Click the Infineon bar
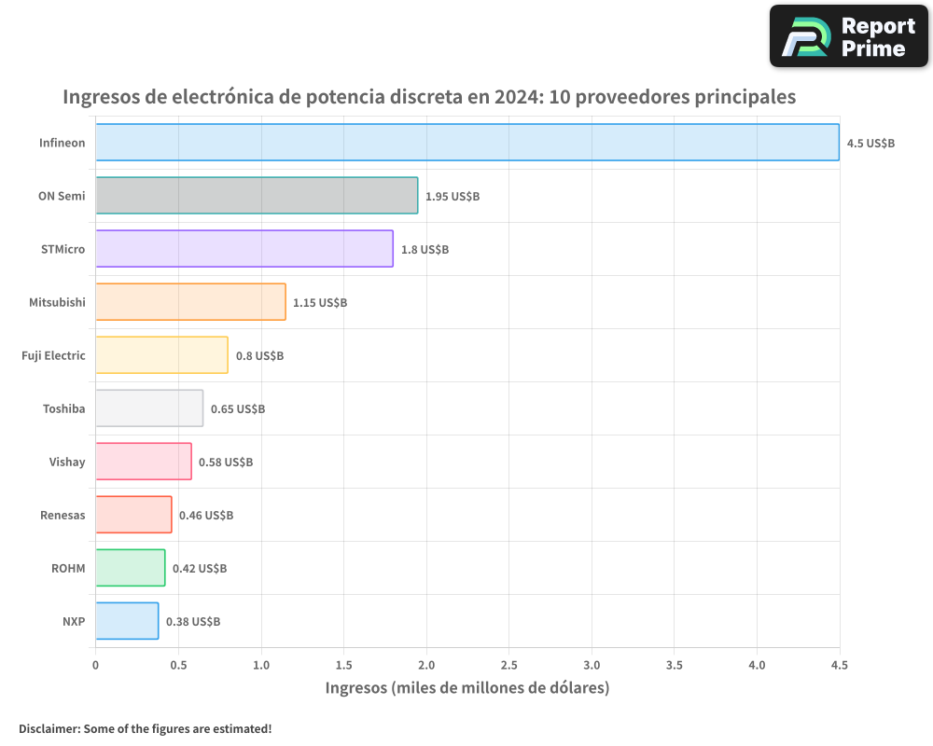pos(466,143)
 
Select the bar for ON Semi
pos(257,196)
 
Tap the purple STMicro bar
pos(244,249)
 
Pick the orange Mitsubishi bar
pos(190,302)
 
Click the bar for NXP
pos(127,621)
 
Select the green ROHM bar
pos(130,568)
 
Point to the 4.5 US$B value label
pos(870,144)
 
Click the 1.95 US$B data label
pos(453,197)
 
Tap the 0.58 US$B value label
pos(226,463)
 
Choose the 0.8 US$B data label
pos(259,356)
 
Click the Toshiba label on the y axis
pos(63,408)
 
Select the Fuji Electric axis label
pos(53,355)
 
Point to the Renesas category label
pos(63,515)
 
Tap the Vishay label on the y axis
pos(67,462)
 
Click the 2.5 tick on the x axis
pos(508,665)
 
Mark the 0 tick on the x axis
pos(95,665)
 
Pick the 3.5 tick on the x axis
pos(675,665)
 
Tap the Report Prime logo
pos(849,36)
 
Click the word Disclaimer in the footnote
pos(49,728)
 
